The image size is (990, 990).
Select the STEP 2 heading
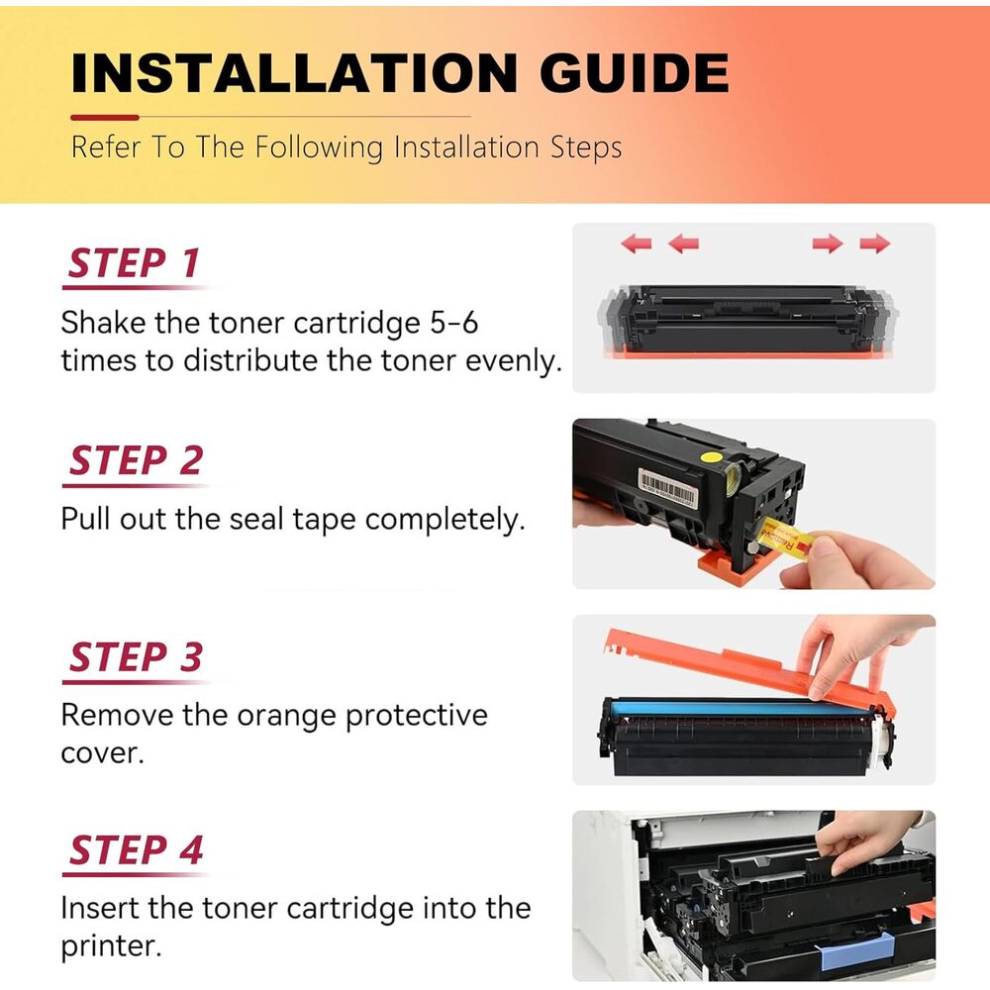tap(136, 459)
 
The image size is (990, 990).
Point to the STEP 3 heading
tap(136, 656)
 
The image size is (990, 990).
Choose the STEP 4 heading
tap(136, 849)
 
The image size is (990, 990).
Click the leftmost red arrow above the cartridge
tap(636, 244)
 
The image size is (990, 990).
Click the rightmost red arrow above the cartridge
tap(874, 244)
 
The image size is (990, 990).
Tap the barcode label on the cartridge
tap(668, 487)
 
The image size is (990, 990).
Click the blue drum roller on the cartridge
tap(739, 708)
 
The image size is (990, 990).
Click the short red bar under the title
tap(105, 118)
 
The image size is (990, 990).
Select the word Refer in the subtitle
tap(106, 148)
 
